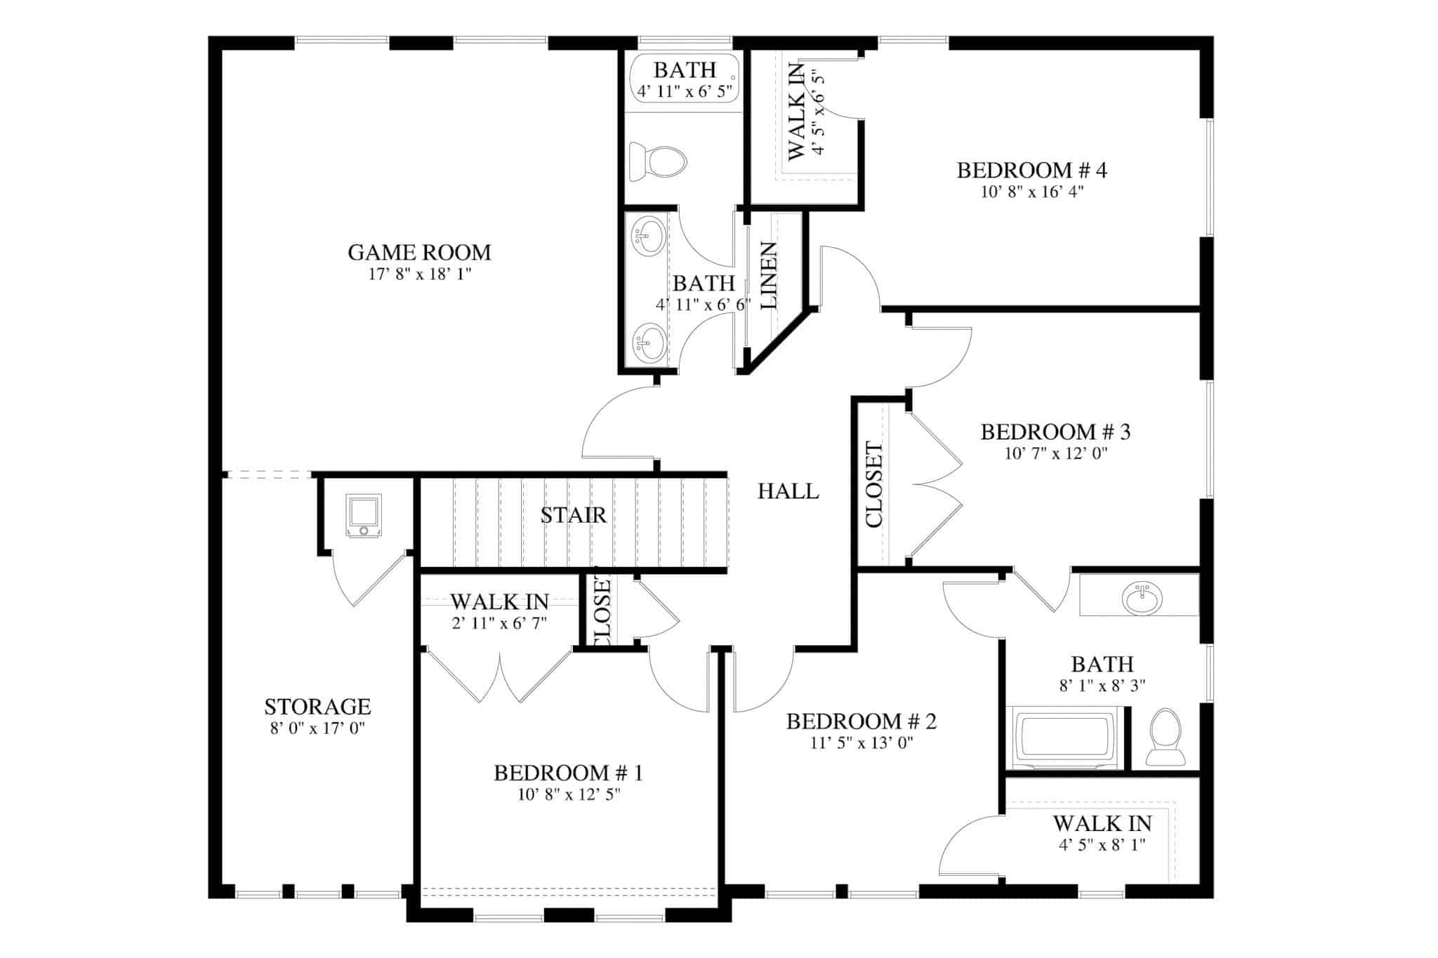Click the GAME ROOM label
[x=419, y=252]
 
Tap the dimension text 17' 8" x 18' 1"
[x=419, y=274]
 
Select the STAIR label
[x=573, y=515]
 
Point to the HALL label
[x=788, y=491]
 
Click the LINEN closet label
[x=770, y=276]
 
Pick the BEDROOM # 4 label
[x=1031, y=171]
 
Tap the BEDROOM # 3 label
[x=1055, y=432]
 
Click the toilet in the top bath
[x=657, y=161]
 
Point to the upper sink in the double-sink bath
[x=648, y=237]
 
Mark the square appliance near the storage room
[x=364, y=515]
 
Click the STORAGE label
[x=317, y=706]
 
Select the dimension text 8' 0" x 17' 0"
[x=317, y=729]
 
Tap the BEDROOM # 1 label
[x=568, y=773]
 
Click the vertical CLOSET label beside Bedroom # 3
[x=874, y=484]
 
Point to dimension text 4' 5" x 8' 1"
[x=1102, y=845]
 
